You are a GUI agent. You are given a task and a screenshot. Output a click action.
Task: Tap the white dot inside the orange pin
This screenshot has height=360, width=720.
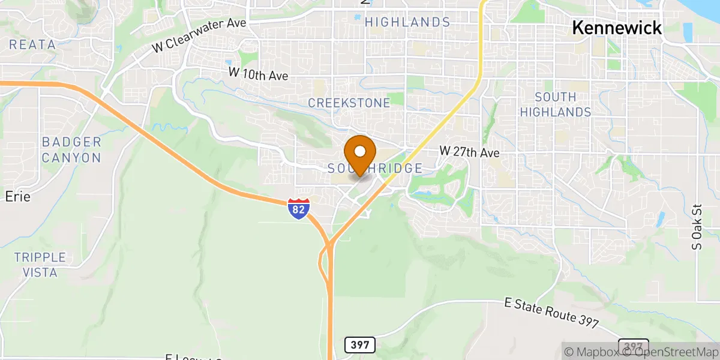[x=360, y=151]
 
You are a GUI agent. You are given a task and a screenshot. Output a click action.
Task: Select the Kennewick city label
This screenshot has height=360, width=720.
[x=617, y=28]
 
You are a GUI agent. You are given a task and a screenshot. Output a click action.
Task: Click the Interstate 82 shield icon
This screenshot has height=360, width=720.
[x=298, y=208]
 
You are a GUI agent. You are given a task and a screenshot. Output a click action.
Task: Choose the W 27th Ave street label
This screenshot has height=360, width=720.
[x=470, y=152]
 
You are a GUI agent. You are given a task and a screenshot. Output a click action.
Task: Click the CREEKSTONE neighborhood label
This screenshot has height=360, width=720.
[x=349, y=103]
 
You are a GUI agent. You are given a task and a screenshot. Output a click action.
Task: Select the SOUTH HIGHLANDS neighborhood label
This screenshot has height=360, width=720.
[x=555, y=104]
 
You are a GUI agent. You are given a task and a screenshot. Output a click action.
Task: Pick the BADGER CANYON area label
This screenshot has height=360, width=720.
[x=71, y=150]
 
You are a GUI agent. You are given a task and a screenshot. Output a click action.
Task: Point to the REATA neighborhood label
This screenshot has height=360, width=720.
[x=32, y=44]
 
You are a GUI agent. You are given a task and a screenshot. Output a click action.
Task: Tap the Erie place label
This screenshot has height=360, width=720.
[x=18, y=196]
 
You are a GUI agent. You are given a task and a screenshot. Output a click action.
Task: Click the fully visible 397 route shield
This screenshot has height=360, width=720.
[x=360, y=345]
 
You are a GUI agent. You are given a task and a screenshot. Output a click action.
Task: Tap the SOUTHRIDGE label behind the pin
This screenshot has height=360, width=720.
[x=376, y=169]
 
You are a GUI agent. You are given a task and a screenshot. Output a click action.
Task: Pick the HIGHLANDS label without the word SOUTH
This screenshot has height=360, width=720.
[x=407, y=22]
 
